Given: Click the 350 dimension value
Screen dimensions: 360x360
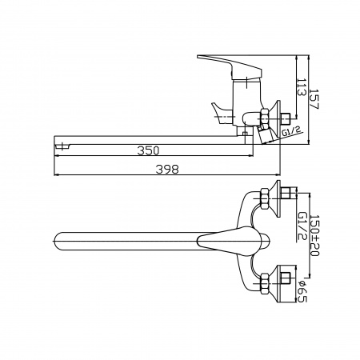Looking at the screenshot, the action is pyautogui.click(x=148, y=150).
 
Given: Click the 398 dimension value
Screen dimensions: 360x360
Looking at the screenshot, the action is pyautogui.click(x=167, y=170).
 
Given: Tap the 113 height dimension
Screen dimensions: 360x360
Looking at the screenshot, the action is pyautogui.click(x=302, y=87).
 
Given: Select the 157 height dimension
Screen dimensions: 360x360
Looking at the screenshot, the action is pyautogui.click(x=314, y=99).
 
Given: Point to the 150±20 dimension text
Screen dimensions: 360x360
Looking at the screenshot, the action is pyautogui.click(x=314, y=235).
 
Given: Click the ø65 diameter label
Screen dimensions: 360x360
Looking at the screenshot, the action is pyautogui.click(x=302, y=291).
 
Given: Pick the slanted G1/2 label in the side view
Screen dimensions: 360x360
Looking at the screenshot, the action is pyautogui.click(x=292, y=131).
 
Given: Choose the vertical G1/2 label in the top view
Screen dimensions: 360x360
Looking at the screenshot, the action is pyautogui.click(x=302, y=226).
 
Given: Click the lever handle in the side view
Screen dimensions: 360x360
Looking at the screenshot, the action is pyautogui.click(x=230, y=66).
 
